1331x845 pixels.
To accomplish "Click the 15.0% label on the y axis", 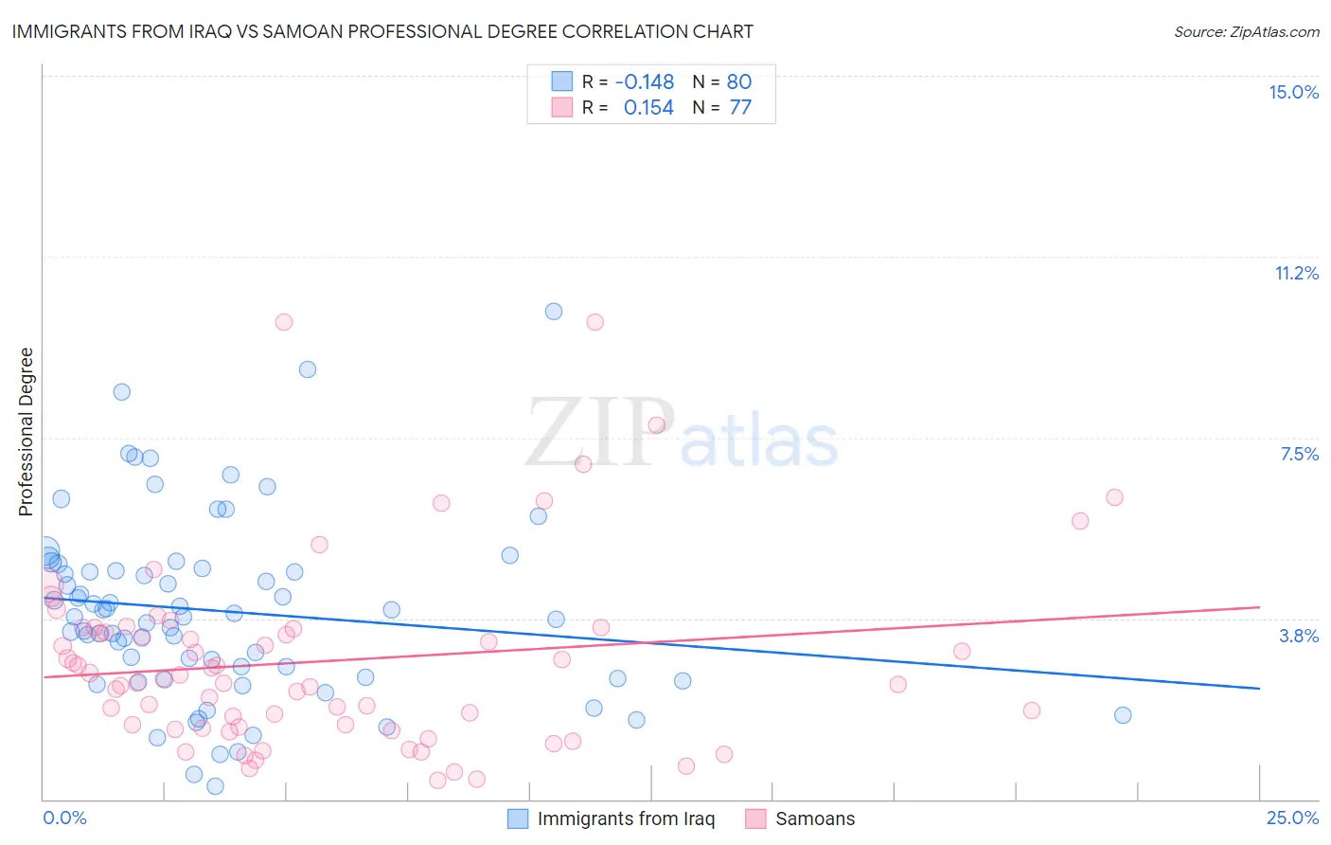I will tap(1293, 92).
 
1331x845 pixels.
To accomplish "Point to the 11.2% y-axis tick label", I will tap(1296, 273).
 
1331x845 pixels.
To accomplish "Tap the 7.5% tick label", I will tap(1299, 454).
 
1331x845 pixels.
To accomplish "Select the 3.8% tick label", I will tap(1299, 636).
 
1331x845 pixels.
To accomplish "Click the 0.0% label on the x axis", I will tap(64, 818).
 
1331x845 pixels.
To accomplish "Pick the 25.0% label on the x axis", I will tap(1292, 818).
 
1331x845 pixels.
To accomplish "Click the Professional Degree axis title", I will tap(26, 432).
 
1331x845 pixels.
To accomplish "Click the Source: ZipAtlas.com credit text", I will tap(1246, 32).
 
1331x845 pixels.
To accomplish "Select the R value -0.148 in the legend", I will tap(644, 81).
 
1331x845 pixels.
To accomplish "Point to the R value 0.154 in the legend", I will tap(648, 108).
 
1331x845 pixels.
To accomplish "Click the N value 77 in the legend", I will tap(740, 108).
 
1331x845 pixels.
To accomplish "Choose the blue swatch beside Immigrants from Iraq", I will tap(518, 818).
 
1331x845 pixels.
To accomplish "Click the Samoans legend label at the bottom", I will tap(814, 818).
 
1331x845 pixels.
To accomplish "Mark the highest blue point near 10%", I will tap(554, 312).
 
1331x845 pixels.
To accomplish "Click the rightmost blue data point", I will tap(1123, 715).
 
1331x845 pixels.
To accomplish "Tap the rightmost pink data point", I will tap(1114, 497).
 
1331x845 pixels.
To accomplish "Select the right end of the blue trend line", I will tap(1259, 688).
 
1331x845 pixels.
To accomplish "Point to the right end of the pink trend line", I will tap(1259, 606).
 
